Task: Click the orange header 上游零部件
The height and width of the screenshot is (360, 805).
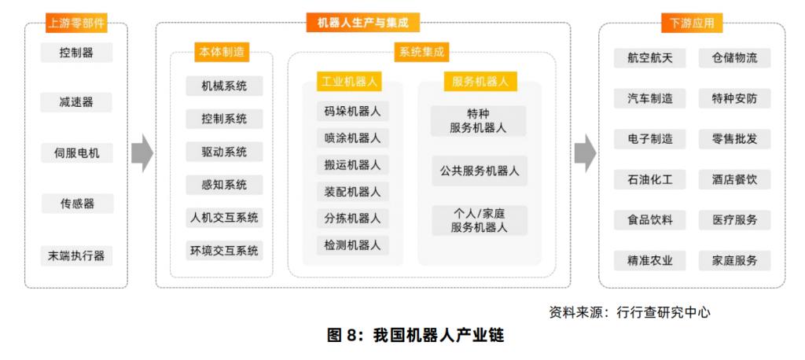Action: [x=76, y=23]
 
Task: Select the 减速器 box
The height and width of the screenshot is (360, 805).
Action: [x=76, y=102]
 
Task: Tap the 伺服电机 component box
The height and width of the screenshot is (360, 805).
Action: [x=76, y=152]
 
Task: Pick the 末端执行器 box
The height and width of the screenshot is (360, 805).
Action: [x=76, y=255]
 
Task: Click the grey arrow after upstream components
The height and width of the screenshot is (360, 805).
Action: [x=142, y=153]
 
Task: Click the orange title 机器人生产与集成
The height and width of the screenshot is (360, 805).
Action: [x=362, y=23]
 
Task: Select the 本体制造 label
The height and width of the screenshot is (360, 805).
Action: [x=220, y=53]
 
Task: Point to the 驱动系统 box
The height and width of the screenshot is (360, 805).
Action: [x=224, y=152]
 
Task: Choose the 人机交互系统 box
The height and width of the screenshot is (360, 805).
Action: [x=224, y=218]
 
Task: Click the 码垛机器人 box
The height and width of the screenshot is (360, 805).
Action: [x=352, y=111]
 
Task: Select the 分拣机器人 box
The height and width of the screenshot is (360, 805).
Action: [x=352, y=218]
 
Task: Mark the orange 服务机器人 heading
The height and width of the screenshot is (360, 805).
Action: [x=480, y=81]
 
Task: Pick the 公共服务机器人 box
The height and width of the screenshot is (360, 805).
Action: [x=479, y=171]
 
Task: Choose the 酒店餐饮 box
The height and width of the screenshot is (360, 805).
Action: [x=734, y=180]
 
